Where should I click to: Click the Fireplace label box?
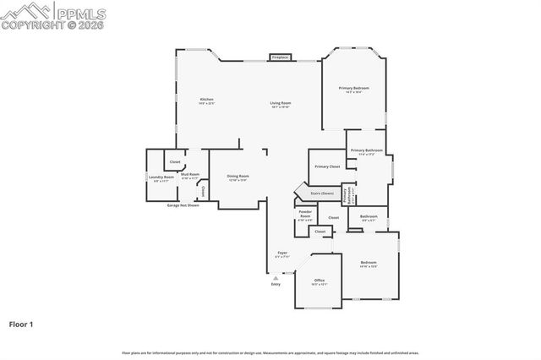point(280,57)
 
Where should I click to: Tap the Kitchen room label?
point(206,101)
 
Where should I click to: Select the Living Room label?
point(281,104)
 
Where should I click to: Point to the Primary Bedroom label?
point(354,89)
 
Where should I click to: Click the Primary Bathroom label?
point(367,151)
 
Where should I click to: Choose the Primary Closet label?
point(327,166)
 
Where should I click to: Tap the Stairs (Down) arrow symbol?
point(298,192)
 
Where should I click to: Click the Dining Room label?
point(238,177)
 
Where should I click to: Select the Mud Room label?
point(190,176)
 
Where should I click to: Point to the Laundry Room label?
point(161,178)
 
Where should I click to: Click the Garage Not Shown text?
point(183,205)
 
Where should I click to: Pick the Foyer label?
point(282,254)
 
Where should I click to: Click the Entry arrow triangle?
point(276,277)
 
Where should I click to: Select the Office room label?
point(320,281)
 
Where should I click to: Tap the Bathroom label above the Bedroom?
point(369,217)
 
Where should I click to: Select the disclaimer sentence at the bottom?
point(270,352)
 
